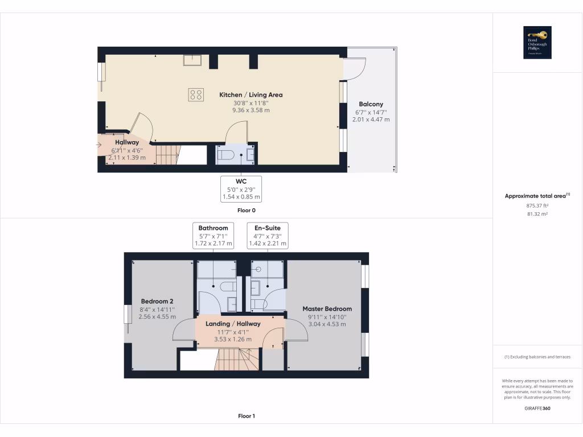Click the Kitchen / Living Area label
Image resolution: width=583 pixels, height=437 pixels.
click(x=251, y=95)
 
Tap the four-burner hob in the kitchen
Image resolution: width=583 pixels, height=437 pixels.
click(x=196, y=94)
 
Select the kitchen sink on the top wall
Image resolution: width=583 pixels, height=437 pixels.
click(x=190, y=60)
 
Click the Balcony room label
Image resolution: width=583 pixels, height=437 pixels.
click(x=371, y=104)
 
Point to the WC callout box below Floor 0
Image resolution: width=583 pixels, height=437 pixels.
click(x=241, y=189)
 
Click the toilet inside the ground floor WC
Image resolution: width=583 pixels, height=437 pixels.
click(x=228, y=154)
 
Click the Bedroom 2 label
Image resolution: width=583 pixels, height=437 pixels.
click(x=157, y=301)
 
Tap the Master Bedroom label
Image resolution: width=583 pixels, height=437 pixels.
click(x=327, y=309)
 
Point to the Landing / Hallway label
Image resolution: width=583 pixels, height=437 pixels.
click(x=233, y=324)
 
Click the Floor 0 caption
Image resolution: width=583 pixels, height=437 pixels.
click(x=246, y=211)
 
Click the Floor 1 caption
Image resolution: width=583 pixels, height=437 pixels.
click(x=246, y=416)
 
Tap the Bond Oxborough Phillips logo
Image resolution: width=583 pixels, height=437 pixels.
click(x=537, y=43)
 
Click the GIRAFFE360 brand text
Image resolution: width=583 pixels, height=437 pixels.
click(x=537, y=408)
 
